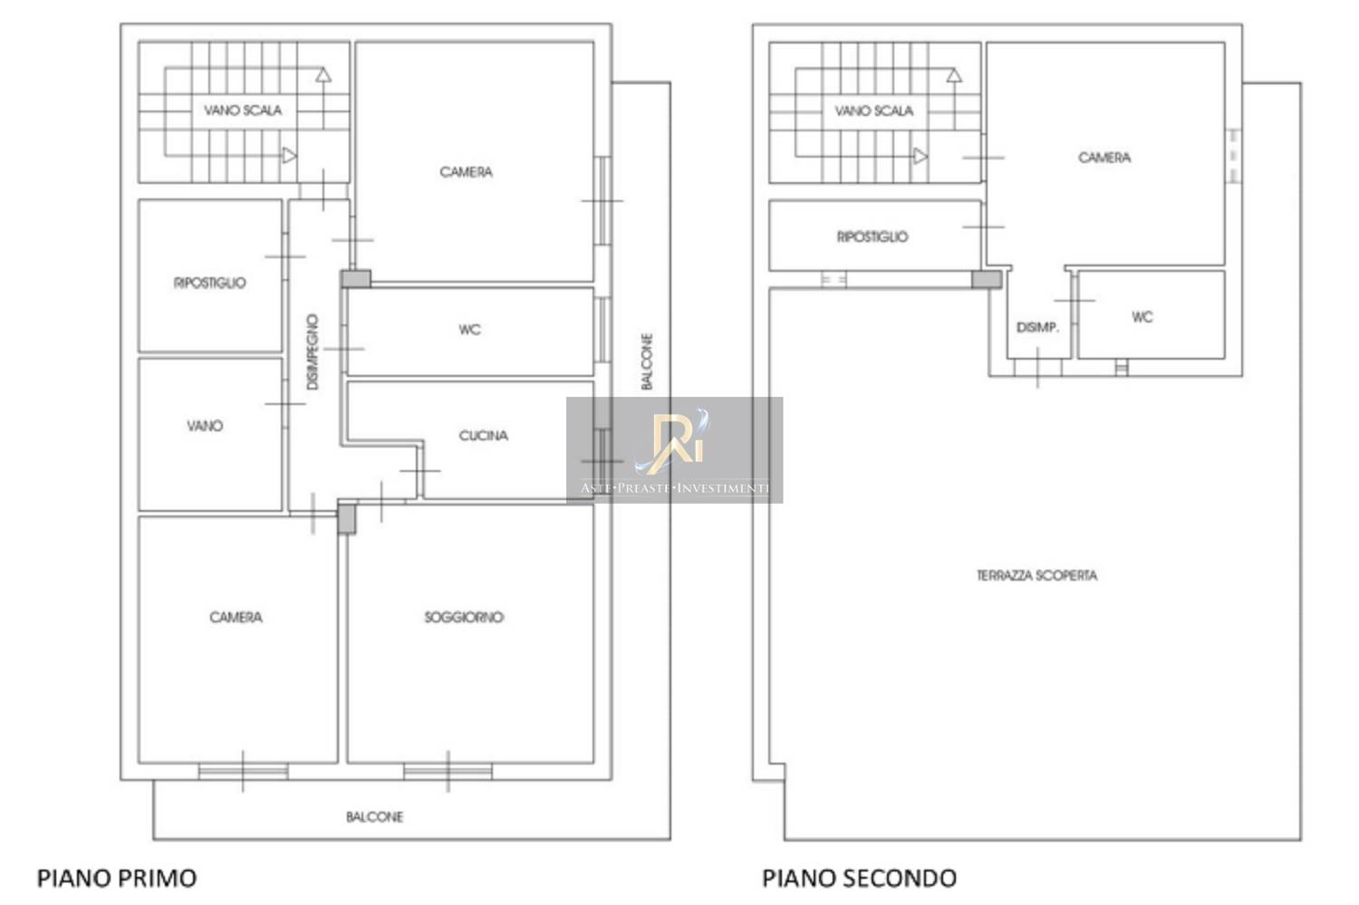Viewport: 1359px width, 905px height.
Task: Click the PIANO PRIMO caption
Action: (117, 878)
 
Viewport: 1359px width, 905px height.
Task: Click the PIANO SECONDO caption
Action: (859, 878)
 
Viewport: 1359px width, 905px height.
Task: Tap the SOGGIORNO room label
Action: (464, 617)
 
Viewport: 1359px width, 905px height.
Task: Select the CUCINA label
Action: (484, 436)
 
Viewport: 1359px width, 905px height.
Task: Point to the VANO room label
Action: (205, 426)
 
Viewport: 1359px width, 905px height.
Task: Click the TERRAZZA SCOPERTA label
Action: (1036, 575)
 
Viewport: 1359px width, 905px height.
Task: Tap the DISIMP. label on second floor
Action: (1037, 328)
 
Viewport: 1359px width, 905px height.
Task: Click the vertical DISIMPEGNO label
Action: (313, 351)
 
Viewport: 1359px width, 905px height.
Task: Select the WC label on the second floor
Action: (1142, 317)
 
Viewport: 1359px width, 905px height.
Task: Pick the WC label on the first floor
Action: (469, 330)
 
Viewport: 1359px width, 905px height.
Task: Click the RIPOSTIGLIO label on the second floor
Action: (872, 236)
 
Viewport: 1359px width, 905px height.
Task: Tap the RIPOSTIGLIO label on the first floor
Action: (210, 283)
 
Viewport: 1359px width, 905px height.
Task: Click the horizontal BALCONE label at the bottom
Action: (374, 817)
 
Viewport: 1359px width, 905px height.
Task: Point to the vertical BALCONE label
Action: (648, 361)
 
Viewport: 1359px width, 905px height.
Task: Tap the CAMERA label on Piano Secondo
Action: (1104, 158)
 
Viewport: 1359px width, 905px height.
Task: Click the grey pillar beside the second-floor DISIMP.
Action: (987, 280)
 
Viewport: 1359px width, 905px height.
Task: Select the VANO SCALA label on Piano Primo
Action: (243, 111)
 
